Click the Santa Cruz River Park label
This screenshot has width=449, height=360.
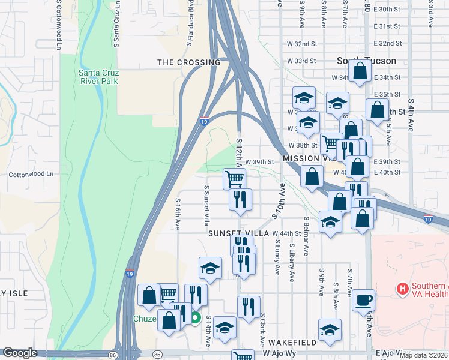(98, 77)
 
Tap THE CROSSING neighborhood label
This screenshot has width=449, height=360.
(188, 62)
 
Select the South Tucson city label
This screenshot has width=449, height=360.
(366, 61)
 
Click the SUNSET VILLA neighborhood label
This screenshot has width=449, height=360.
(238, 233)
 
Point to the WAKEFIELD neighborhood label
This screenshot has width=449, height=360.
(291, 342)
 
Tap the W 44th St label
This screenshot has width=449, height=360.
(286, 233)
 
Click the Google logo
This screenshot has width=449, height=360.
(20, 353)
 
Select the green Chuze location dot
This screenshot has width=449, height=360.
(195, 318)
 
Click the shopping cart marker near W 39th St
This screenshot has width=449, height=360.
(234, 178)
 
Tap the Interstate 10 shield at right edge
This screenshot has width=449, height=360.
(427, 220)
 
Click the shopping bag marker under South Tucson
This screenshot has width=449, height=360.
(360, 72)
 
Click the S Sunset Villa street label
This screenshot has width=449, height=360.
(206, 201)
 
